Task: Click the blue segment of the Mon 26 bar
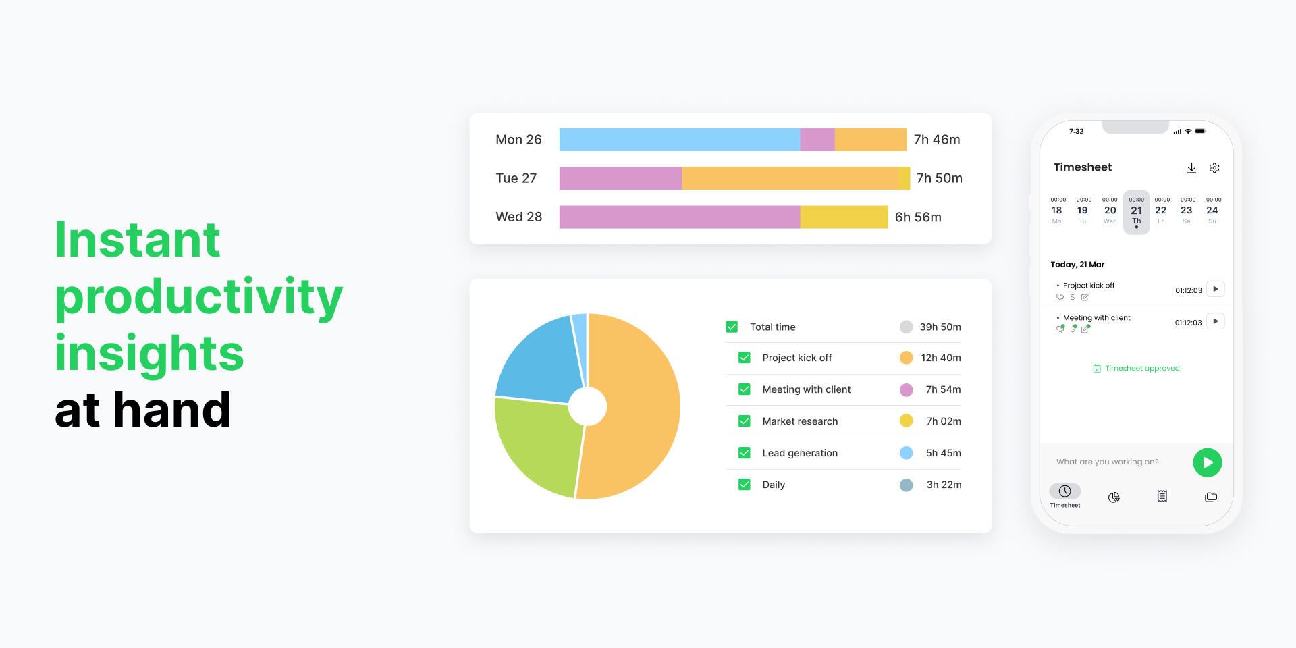(x=679, y=140)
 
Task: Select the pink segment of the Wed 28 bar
(x=679, y=217)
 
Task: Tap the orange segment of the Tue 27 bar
(x=790, y=178)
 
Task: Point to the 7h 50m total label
(x=939, y=178)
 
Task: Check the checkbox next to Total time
(x=732, y=327)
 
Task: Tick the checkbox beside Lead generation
(x=744, y=453)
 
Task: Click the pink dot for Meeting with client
(x=906, y=389)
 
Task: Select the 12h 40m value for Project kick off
(x=940, y=358)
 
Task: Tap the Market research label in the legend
(x=800, y=421)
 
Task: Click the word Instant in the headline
(x=138, y=240)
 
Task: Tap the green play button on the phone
(x=1207, y=462)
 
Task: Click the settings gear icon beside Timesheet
(x=1214, y=168)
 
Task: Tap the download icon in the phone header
(x=1191, y=168)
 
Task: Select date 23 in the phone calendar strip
(x=1186, y=211)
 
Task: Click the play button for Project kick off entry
(x=1215, y=289)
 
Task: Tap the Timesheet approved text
(x=1142, y=369)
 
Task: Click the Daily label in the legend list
(x=774, y=485)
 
